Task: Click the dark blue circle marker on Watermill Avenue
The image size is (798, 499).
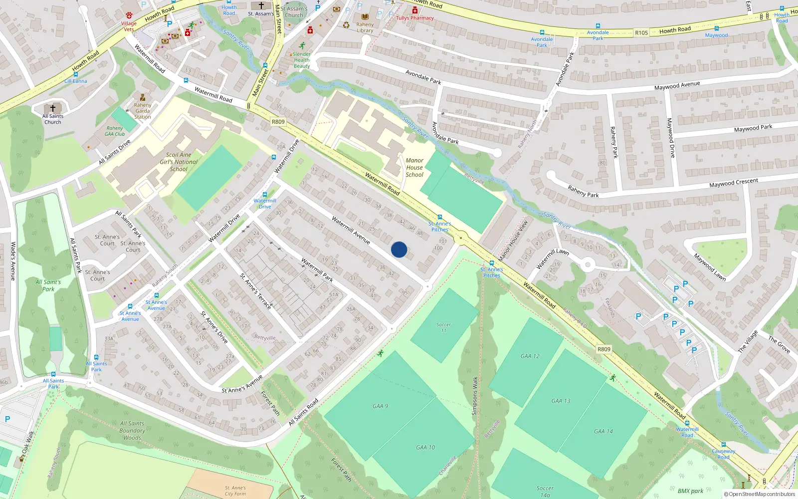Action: pos(399,249)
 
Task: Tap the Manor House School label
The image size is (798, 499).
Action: pos(414,168)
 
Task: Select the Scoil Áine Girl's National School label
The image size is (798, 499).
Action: pos(179,162)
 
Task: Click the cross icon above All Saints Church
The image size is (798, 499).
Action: pos(53,108)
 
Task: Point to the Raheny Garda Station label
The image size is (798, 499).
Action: pos(143,111)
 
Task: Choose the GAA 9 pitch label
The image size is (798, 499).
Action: pos(380,406)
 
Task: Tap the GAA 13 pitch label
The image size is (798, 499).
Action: pos(561,401)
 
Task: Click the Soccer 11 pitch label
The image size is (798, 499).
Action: pos(443,327)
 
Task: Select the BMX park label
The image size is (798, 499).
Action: pos(690,491)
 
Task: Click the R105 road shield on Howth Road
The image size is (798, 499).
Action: pos(641,33)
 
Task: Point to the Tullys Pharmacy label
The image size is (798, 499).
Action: pos(415,18)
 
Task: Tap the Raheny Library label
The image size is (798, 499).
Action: pos(365,27)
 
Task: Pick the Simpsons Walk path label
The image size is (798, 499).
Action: pos(475,396)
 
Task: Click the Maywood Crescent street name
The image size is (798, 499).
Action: pos(733,183)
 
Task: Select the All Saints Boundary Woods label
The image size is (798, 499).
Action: pos(132,431)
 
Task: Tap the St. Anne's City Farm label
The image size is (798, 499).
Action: pos(235,491)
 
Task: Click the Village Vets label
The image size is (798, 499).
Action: pos(129,26)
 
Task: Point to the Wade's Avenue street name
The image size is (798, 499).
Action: pos(13,261)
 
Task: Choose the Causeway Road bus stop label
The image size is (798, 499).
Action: pos(724,454)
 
